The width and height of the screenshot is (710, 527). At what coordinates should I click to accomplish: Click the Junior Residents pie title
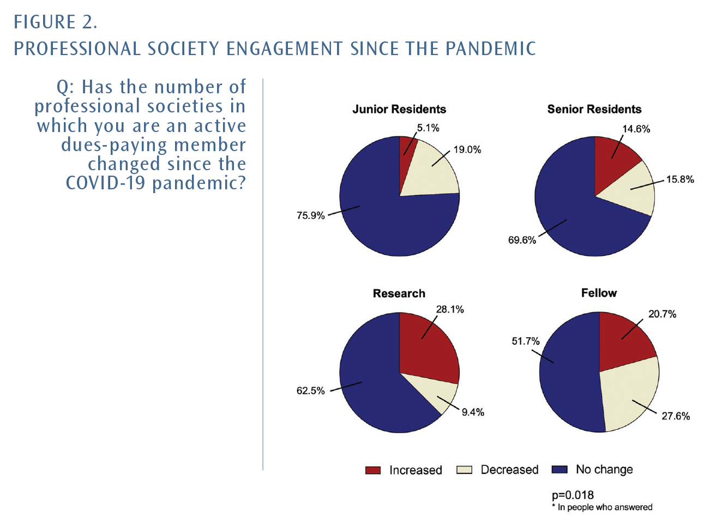pos(399,109)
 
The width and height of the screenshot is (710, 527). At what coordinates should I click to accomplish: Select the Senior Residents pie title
pos(594,109)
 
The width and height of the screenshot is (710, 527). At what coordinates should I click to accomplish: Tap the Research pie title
pos(399,294)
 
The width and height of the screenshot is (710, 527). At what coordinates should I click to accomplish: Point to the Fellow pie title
pos(599,293)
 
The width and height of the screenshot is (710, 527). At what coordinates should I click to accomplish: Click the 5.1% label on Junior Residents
pos(428,128)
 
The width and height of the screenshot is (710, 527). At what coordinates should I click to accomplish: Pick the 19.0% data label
pos(467,150)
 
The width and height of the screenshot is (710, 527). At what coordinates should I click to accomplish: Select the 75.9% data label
pos(310,215)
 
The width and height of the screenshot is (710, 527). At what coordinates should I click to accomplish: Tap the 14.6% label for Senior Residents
pos(636,129)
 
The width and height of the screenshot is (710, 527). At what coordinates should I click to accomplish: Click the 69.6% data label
pos(522,240)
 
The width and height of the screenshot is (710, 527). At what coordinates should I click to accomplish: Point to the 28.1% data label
pos(450,309)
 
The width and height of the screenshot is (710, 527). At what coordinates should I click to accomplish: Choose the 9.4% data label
pos(473,412)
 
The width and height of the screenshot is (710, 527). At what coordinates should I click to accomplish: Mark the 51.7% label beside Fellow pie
pos(525,342)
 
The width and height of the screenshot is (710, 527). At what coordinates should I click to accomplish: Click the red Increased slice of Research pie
pos(428,349)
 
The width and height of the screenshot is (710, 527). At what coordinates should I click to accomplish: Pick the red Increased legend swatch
pos(373,470)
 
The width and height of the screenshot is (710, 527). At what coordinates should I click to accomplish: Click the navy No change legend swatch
pos(559,470)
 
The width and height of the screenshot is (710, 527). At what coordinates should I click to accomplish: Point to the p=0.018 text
pos(573,495)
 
